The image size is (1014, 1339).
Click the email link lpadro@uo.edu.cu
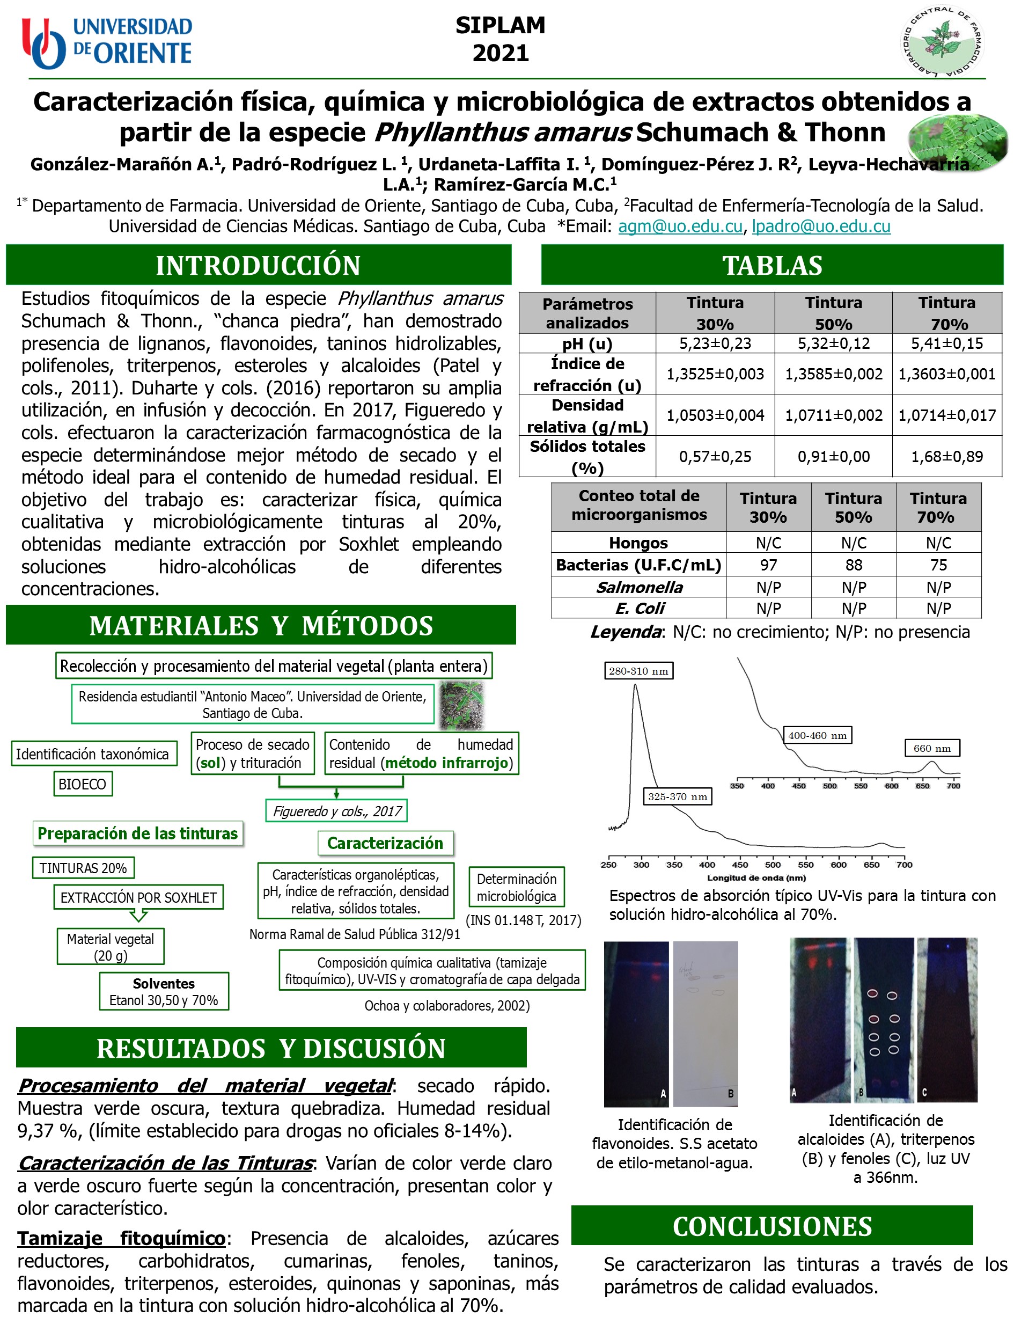tap(820, 226)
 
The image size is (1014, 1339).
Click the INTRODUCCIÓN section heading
tap(259, 265)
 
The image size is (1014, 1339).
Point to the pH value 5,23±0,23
tap(715, 343)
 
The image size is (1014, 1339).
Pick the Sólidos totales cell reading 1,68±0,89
tap(946, 456)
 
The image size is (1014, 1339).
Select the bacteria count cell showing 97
tap(768, 565)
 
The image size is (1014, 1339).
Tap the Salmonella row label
tap(638, 587)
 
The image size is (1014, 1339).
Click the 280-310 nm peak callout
tap(638, 671)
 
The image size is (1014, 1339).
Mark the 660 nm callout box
tap(932, 748)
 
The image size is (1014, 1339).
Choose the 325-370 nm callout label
tap(677, 796)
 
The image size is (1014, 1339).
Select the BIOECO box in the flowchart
tap(82, 784)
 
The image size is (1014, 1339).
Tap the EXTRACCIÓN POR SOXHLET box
tap(138, 897)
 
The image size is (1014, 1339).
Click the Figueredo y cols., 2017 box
tap(336, 811)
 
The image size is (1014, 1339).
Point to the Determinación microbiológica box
tap(516, 888)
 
